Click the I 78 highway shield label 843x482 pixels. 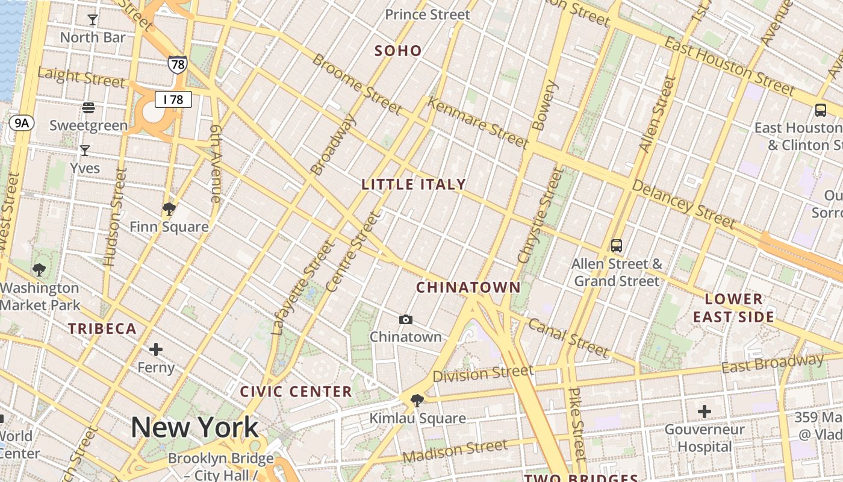173,99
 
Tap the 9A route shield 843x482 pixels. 22,124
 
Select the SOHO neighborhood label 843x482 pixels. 398,51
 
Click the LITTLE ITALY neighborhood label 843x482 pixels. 414,184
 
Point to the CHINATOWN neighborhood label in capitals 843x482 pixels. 468,287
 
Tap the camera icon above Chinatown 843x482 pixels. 406,319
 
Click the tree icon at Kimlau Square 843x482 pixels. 417,400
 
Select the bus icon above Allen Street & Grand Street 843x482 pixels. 616,246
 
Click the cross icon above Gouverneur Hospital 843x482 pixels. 704,412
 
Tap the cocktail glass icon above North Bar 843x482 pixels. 92,20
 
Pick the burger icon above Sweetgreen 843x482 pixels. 89,108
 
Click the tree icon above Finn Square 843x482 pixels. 169,209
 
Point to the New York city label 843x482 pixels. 194,427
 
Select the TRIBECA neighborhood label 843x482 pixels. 102,329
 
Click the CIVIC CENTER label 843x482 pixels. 296,392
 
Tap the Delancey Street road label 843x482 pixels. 683,205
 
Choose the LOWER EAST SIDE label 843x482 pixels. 733,308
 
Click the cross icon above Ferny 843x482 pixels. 156,349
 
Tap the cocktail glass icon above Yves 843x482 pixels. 85,150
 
